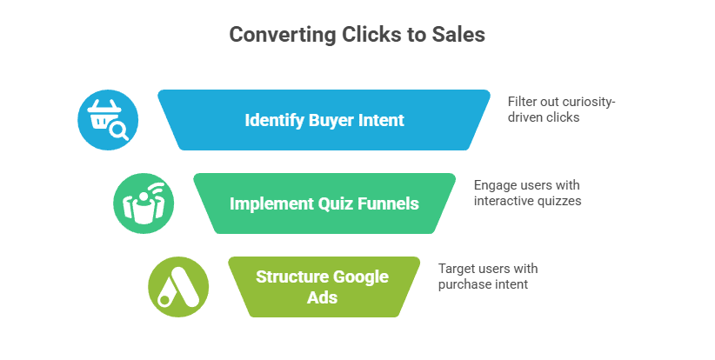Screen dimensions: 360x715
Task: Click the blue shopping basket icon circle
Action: (107, 119)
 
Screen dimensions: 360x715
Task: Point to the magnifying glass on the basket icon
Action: (120, 131)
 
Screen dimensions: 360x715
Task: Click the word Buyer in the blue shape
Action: (331, 120)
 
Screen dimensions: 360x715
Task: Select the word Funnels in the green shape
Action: (389, 203)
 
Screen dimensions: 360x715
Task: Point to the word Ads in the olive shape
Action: (322, 297)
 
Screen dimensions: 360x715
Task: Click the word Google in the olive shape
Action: (361, 277)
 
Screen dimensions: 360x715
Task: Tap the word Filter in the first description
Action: (521, 102)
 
